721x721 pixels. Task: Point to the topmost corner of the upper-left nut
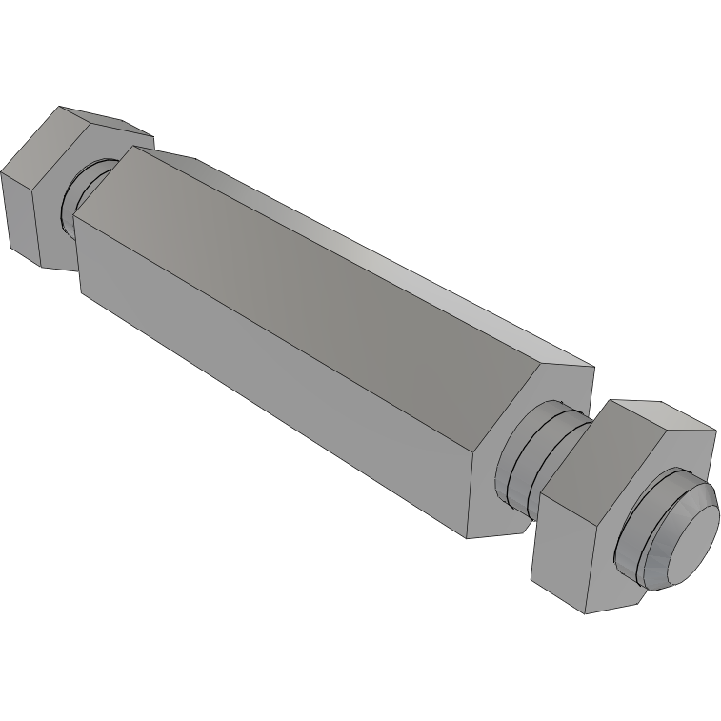59,106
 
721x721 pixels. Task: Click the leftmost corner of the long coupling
74,217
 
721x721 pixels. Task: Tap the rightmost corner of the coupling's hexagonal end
594,368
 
